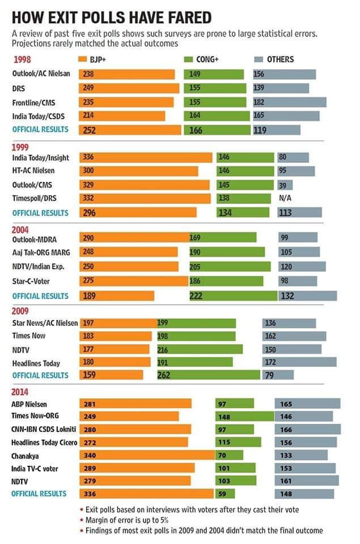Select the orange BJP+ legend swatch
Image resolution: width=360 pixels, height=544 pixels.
point(82,59)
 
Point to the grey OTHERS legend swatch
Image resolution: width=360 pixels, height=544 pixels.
point(257,59)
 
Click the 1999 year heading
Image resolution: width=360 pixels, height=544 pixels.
point(21,146)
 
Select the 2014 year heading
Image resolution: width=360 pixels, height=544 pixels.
point(21,392)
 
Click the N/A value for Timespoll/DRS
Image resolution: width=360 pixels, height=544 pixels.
point(285,199)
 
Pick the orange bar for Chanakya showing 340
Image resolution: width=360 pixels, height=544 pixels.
point(147,455)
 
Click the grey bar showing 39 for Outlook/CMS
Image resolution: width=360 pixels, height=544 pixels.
point(285,185)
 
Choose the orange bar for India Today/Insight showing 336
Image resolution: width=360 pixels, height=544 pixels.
point(146,158)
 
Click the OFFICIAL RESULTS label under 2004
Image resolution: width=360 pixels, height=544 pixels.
point(40,296)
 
